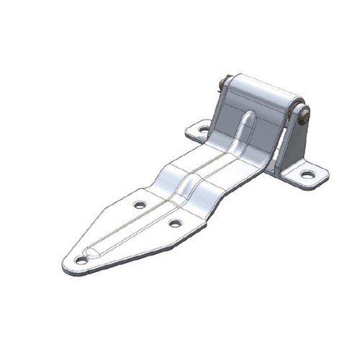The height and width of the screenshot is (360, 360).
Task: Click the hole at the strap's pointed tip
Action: click(81, 260)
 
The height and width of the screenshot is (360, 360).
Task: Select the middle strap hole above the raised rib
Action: click(140, 204)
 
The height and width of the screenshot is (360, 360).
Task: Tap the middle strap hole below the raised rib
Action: click(175, 223)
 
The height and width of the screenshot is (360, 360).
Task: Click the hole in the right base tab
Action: click(307, 174)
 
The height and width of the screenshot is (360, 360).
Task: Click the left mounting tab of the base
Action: click(199, 132)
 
